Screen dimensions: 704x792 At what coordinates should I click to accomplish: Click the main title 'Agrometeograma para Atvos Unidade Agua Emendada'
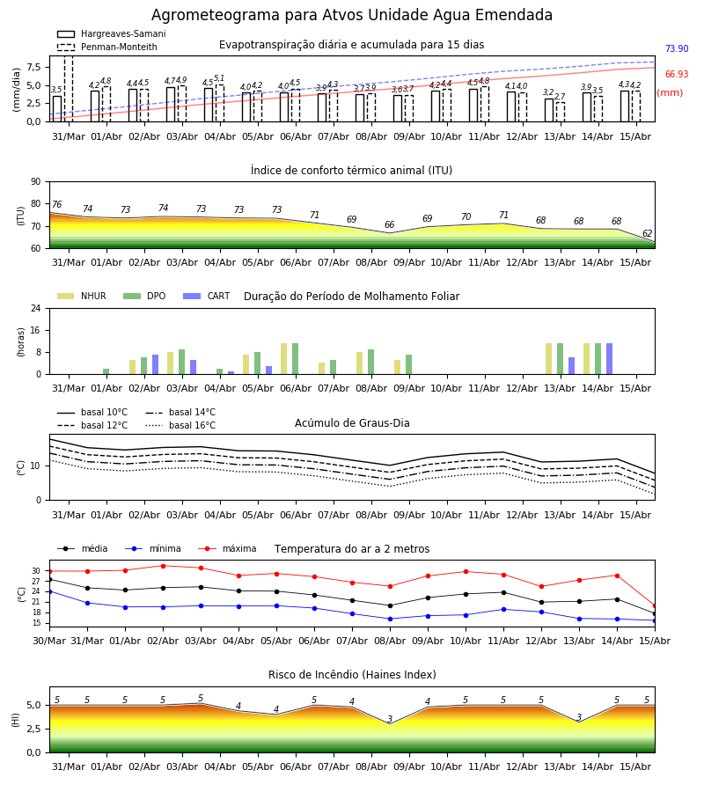pos(351,15)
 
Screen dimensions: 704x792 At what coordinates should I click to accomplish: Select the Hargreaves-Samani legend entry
pos(112,33)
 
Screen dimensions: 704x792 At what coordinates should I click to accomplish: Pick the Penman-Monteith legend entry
pos(107,47)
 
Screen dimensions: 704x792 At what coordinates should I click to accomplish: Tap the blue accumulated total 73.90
pos(677,48)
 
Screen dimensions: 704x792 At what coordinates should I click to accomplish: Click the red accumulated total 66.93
pos(677,74)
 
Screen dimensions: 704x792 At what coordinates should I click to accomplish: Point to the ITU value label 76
pos(56,204)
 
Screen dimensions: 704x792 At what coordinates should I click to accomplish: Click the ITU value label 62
pos(647,233)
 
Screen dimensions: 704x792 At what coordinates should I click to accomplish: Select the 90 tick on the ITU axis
pos(36,182)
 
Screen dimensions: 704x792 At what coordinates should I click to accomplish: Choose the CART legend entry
pos(207,296)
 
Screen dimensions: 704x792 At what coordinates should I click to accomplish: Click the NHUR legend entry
pos(82,296)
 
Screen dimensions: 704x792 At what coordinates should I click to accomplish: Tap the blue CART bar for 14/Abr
pos(610,359)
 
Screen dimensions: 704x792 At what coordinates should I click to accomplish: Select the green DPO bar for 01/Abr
pos(106,371)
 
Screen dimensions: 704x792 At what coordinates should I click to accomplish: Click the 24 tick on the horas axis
pos(36,308)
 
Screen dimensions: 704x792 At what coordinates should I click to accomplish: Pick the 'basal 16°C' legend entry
pos(180,425)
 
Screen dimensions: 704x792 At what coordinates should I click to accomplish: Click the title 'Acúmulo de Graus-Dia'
pos(352,423)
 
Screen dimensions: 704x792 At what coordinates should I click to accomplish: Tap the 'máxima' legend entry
pos(228,548)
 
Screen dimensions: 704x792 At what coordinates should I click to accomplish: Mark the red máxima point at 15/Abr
pos(655,605)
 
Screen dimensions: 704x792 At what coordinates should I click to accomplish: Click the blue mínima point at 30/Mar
pos(49,591)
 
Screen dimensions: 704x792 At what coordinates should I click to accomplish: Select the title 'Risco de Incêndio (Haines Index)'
pos(352,675)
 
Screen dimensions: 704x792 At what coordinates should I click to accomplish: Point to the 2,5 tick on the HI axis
pos(34,729)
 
